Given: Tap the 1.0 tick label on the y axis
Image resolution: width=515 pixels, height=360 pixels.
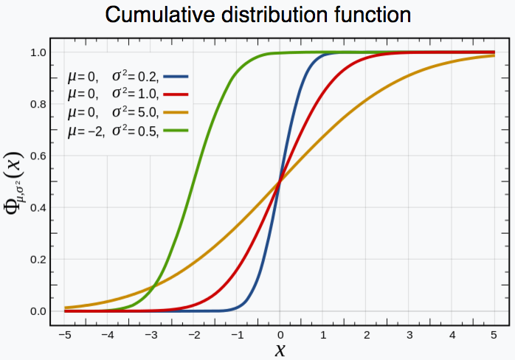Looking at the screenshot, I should (x=39, y=53).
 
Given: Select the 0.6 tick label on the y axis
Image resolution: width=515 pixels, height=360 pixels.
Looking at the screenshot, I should (x=39, y=156).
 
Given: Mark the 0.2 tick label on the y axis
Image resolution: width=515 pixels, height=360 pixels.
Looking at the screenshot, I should (x=39, y=260).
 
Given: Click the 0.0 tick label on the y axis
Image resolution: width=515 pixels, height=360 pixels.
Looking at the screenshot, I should (x=39, y=311).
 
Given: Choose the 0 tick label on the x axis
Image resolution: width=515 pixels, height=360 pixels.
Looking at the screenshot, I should (x=280, y=333).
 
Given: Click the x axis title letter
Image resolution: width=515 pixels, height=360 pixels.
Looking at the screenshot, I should (x=280, y=350).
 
